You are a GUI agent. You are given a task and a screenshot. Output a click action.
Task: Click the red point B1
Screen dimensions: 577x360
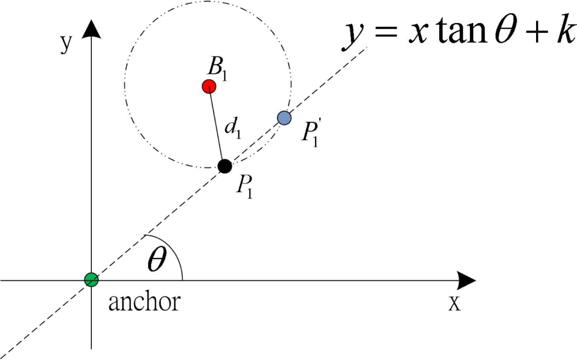(x=209, y=87)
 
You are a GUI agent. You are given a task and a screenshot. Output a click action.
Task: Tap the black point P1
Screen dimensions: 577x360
(x=225, y=166)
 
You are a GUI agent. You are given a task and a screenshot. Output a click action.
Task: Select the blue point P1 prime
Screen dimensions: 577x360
(x=284, y=118)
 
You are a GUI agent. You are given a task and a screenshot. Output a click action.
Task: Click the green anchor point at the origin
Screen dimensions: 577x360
(x=91, y=280)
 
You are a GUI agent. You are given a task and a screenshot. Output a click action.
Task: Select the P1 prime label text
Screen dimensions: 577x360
(x=312, y=133)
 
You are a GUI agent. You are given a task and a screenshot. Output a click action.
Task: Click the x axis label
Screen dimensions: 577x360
(x=455, y=303)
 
